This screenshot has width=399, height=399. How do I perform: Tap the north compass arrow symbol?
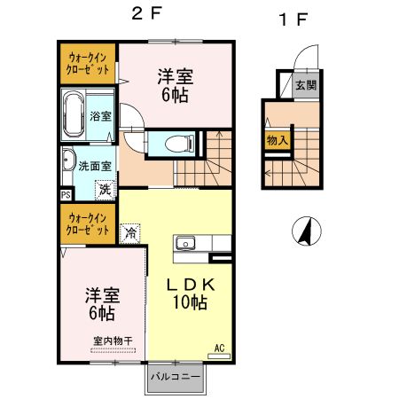[x=304, y=231]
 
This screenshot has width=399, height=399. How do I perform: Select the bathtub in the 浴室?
[x=74, y=115]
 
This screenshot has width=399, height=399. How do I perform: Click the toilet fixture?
[x=174, y=142]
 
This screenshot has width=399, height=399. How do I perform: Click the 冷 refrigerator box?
[x=129, y=234]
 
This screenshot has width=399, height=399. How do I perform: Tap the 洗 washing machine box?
[x=105, y=188]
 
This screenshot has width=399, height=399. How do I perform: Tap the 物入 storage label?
[x=277, y=139]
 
